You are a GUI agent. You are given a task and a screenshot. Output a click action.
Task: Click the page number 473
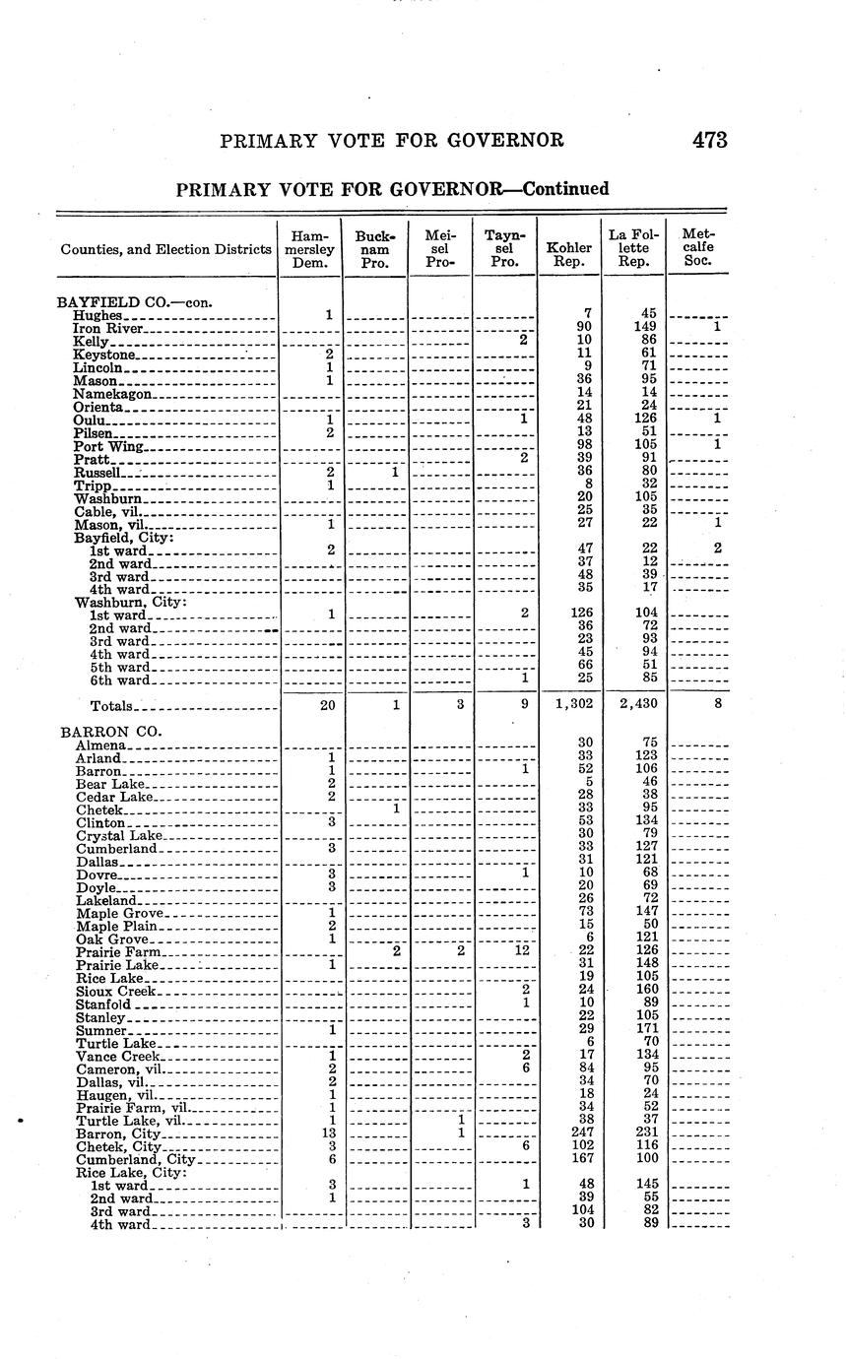709,140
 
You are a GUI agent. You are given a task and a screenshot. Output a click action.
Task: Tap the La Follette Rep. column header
634,248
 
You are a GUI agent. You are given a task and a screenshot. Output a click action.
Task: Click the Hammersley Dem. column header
310,249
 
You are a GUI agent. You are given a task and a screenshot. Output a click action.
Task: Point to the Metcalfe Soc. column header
697,248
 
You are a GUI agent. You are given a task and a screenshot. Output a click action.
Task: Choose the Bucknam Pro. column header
374,249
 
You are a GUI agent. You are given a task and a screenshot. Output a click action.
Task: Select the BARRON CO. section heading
109,732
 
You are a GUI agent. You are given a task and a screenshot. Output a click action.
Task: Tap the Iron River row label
109,328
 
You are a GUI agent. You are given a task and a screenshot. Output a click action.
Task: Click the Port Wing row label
109,446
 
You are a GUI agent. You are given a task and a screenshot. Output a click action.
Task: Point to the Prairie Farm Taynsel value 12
523,950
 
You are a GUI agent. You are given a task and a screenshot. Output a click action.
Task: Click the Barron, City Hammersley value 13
331,1133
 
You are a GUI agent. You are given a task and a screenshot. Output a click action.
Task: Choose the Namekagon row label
113,394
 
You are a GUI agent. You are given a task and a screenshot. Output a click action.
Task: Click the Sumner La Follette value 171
646,1029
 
